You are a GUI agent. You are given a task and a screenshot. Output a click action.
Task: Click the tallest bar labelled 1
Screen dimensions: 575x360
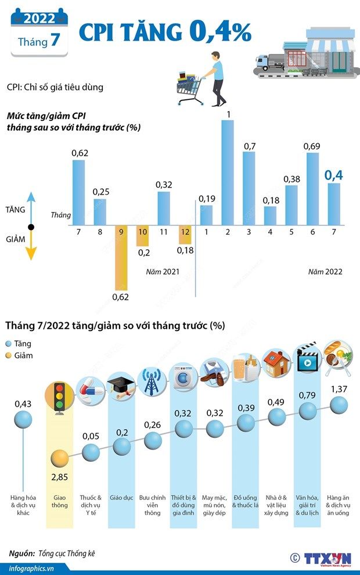228,172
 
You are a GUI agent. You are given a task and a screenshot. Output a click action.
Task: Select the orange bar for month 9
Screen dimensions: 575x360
121,257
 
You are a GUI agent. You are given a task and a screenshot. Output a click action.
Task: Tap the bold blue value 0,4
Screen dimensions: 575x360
333,174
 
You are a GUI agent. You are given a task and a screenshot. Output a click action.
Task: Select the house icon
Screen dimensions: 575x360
276,364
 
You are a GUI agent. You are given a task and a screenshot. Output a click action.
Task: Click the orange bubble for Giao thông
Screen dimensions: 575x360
59,460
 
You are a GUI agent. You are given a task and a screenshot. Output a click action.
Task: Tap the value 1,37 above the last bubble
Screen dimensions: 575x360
339,388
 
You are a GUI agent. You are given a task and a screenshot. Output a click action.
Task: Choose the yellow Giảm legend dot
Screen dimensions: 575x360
9,355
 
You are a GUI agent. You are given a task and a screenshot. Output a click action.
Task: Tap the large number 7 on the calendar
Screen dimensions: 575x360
56,42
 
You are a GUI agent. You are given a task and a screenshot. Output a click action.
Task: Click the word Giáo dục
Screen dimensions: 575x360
121,498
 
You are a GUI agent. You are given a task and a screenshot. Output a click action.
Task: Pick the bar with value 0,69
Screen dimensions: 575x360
312,189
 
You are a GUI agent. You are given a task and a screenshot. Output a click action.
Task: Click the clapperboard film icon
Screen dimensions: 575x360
307,359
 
